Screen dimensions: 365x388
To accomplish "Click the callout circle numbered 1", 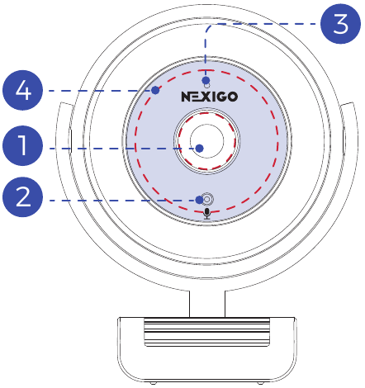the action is point(22,145).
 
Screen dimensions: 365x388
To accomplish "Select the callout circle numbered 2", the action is point(22,197).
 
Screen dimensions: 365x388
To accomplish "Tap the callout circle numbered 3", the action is point(341,24).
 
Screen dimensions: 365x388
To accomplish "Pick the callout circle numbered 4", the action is point(22,90).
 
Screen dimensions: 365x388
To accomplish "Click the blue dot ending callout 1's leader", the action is point(200,149).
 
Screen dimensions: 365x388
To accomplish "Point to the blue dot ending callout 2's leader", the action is point(200,200).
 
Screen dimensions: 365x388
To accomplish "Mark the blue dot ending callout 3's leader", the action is point(206,81).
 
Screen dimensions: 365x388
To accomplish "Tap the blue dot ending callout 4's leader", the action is point(155,90).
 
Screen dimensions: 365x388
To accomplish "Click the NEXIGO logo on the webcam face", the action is point(210,97).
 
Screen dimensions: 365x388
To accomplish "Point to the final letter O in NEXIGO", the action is point(233,97).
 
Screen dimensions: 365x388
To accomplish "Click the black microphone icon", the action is point(207,214).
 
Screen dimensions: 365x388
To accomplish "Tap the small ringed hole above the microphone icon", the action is point(207,199).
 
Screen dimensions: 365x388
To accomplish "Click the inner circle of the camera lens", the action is point(207,141).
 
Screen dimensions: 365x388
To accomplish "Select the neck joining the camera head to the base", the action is point(207,304).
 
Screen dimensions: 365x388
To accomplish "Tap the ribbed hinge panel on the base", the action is point(207,332).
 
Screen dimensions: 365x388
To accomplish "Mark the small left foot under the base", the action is point(154,383).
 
